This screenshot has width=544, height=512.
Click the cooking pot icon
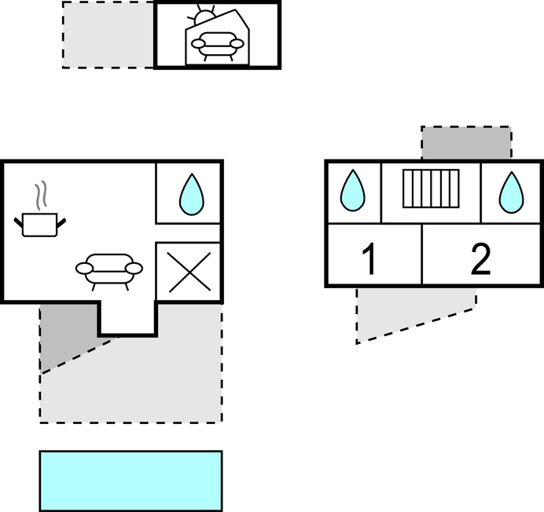pyautogui.click(x=39, y=225)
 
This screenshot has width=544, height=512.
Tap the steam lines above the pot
pyautogui.click(x=41, y=196)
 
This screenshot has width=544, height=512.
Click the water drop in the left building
pyautogui.click(x=192, y=194)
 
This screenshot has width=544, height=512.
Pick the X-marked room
pyautogui.click(x=189, y=272)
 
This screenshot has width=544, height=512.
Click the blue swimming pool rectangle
pyautogui.click(x=130, y=481)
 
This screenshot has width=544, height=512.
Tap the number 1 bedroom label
pyautogui.click(x=369, y=258)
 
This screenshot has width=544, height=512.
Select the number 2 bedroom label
pyautogui.click(x=481, y=259)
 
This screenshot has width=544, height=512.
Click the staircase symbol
pyautogui.click(x=431, y=188)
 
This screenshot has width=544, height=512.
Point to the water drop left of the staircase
pyautogui.click(x=352, y=190)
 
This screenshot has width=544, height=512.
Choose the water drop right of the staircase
pyautogui.click(x=512, y=192)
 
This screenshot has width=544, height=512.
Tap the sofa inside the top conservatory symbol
pyautogui.click(x=218, y=46)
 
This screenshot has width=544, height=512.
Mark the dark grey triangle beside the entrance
pyautogui.click(x=66, y=333)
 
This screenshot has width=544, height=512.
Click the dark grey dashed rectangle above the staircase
pyautogui.click(x=466, y=142)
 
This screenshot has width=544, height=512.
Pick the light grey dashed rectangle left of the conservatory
pyautogui.click(x=108, y=35)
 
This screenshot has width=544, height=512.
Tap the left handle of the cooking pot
pyautogui.click(x=18, y=222)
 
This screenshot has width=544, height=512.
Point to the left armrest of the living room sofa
pyautogui.click(x=84, y=268)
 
